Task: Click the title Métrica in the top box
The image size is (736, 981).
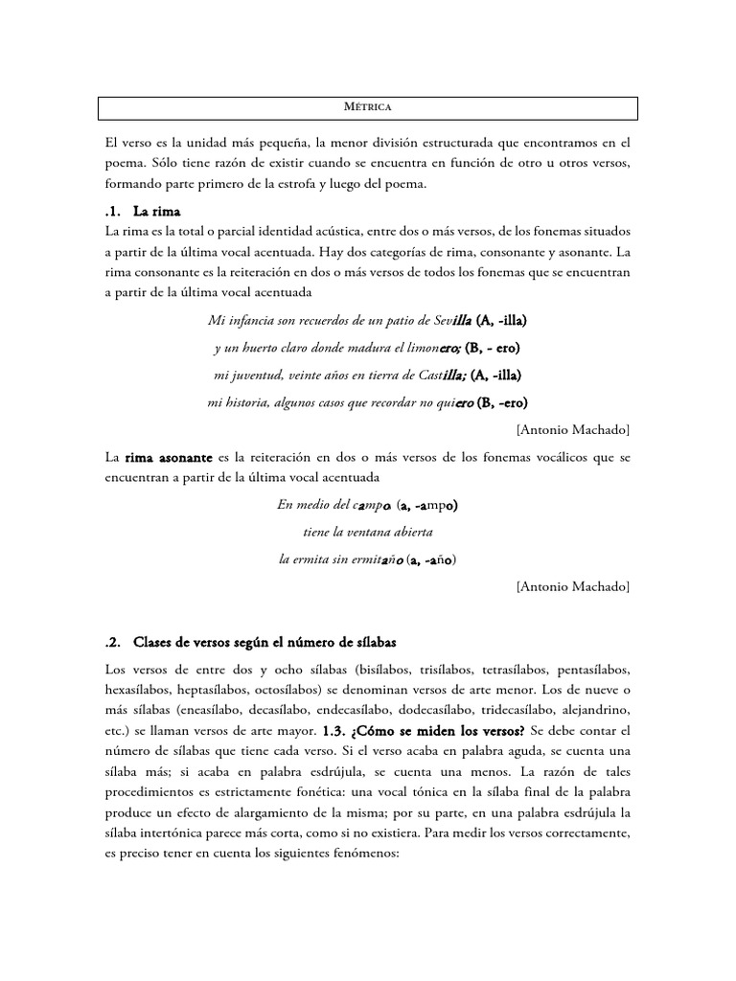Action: tap(369, 107)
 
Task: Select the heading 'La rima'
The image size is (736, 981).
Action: tap(157, 211)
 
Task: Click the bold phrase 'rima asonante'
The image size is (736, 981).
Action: tap(167, 458)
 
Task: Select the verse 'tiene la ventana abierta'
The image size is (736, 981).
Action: tap(368, 532)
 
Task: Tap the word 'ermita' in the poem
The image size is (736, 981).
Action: tap(315, 559)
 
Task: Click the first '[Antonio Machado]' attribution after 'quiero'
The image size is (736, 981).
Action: tap(572, 428)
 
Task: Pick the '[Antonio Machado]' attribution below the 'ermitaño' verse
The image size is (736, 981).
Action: tap(572, 585)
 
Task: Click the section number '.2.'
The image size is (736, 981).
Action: tap(115, 641)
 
